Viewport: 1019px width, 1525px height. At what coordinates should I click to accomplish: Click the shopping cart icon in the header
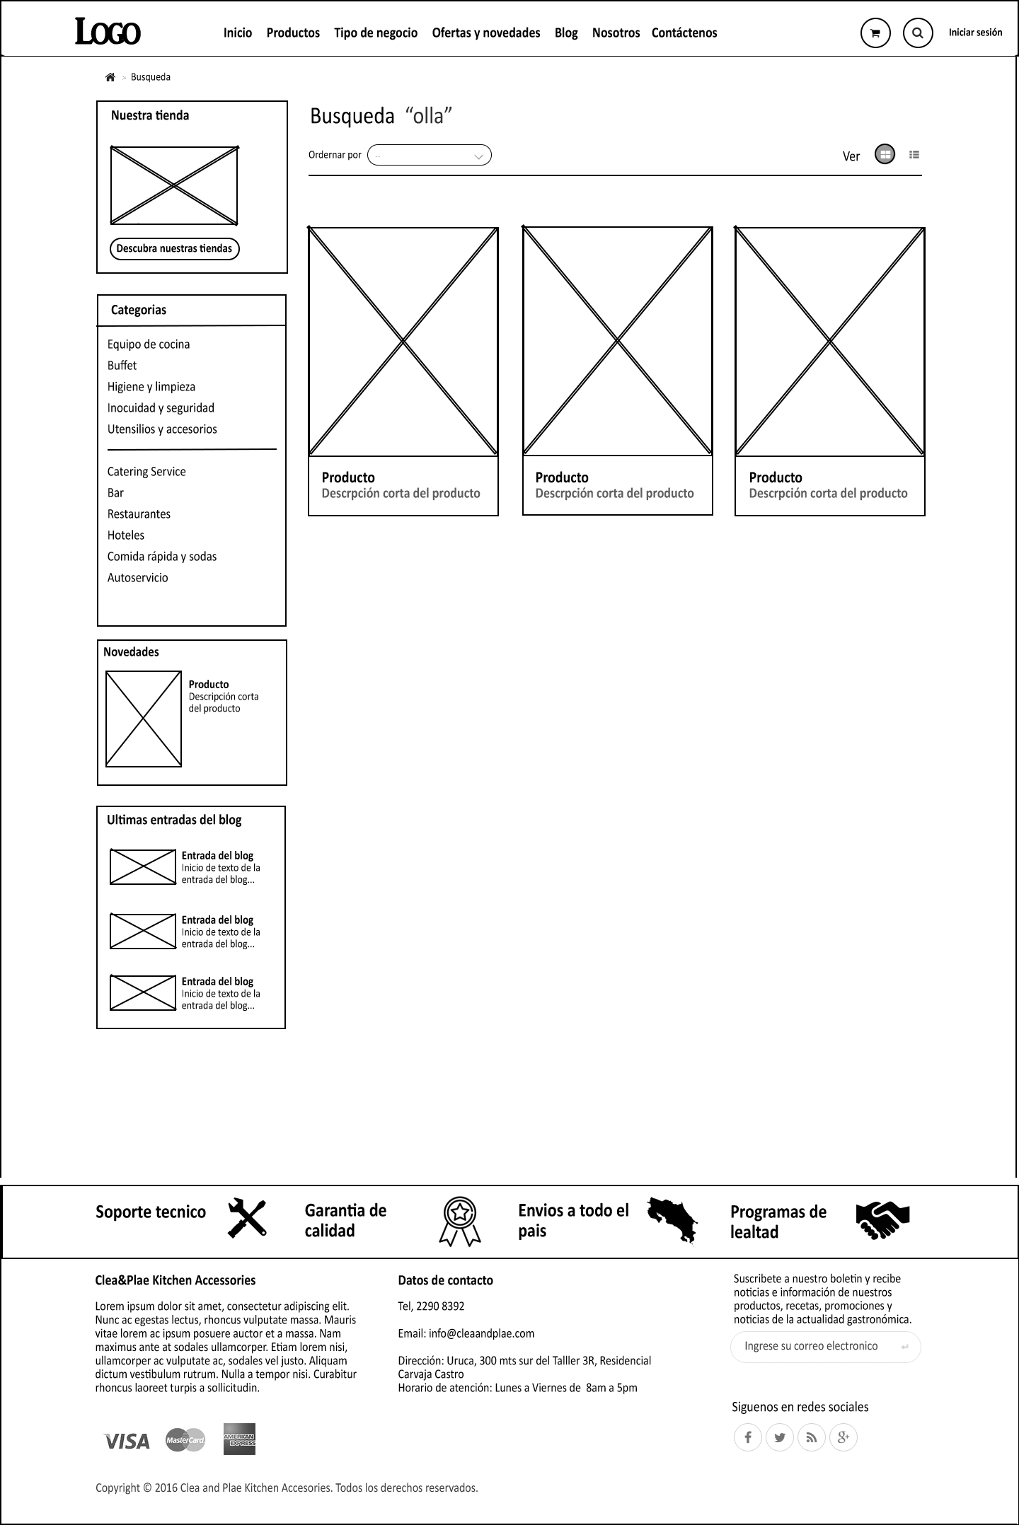click(875, 33)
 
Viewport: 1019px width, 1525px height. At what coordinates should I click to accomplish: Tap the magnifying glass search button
click(918, 33)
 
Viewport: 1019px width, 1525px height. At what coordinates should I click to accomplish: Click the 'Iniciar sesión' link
click(975, 33)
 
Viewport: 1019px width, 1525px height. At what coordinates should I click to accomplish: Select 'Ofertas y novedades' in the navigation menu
click(486, 33)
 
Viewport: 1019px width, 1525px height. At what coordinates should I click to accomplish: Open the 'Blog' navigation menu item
click(566, 33)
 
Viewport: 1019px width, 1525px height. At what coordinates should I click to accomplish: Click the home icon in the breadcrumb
click(110, 77)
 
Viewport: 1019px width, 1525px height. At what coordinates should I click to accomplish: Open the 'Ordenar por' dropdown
click(429, 156)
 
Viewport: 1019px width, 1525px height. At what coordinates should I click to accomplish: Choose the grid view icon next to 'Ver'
click(885, 154)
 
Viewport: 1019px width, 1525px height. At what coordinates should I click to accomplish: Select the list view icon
click(914, 154)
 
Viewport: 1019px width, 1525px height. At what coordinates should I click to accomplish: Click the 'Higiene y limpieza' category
click(151, 387)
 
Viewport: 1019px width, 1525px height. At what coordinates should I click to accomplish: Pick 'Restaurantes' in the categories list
click(139, 514)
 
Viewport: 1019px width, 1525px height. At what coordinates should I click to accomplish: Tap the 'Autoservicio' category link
click(138, 578)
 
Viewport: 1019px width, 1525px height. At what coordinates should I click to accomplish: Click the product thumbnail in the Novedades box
click(144, 719)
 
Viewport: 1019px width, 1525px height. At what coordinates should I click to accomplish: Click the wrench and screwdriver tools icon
click(247, 1218)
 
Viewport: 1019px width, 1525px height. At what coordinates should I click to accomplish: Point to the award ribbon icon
click(460, 1220)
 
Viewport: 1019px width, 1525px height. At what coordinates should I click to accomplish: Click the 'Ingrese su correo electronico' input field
click(814, 1346)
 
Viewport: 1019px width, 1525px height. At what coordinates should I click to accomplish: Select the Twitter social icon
click(780, 1437)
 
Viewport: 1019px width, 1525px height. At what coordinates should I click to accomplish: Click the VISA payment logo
click(127, 1441)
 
